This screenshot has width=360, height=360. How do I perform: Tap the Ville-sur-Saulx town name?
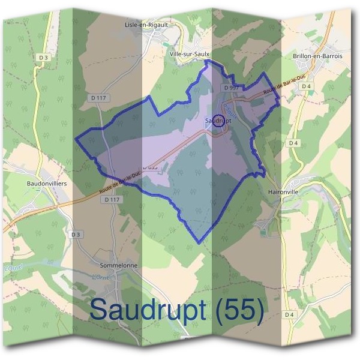(x=190, y=54)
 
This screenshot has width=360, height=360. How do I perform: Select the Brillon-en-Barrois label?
(x=317, y=56)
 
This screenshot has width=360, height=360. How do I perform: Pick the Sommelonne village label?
(x=119, y=265)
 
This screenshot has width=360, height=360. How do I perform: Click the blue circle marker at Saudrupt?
(x=218, y=119)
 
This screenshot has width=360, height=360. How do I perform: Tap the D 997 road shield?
(x=232, y=88)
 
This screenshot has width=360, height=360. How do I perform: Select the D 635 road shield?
(x=150, y=167)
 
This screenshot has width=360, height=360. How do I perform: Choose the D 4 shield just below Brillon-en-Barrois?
(x=307, y=86)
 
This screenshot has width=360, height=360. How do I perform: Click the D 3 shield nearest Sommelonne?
(x=75, y=234)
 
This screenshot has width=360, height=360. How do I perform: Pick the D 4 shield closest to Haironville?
(x=293, y=143)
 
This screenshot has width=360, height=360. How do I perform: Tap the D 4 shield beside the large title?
(x=289, y=314)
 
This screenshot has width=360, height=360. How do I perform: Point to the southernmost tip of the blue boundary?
(x=199, y=243)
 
